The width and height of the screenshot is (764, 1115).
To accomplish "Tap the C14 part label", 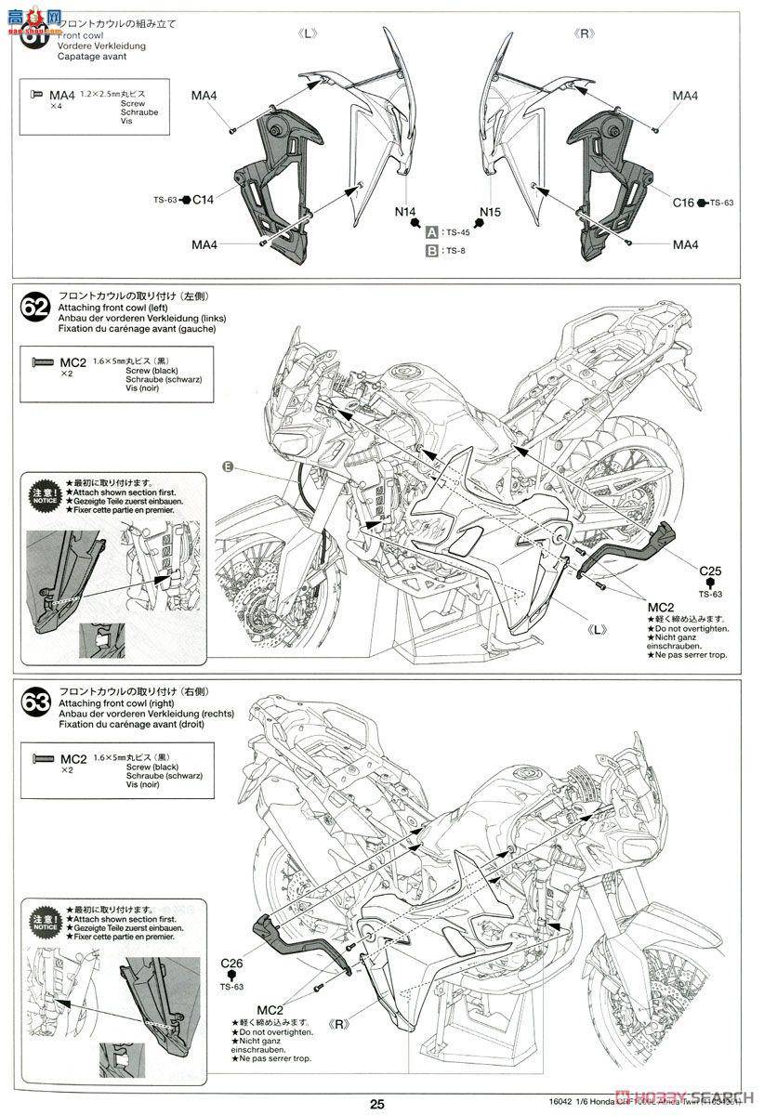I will (203, 199).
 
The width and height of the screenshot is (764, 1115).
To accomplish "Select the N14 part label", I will (405, 213).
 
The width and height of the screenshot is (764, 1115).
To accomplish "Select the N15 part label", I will (490, 213).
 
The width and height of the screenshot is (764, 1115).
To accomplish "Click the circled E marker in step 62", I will (227, 466).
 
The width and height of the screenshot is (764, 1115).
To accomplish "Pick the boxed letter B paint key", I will (432, 250).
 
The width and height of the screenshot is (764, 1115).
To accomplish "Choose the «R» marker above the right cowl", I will (586, 33).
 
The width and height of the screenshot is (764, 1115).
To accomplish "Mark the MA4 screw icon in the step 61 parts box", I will (37, 95).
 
